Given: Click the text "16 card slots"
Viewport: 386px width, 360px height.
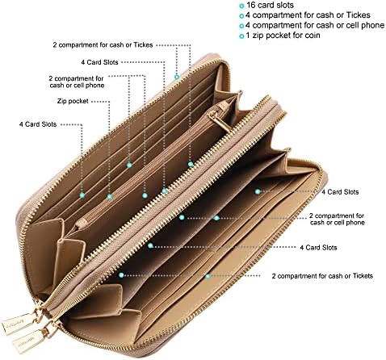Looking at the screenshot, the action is (x=270, y=5).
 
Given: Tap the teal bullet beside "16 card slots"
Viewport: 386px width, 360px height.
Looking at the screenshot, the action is (x=241, y=6).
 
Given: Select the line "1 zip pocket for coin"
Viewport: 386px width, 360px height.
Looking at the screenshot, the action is (x=283, y=36).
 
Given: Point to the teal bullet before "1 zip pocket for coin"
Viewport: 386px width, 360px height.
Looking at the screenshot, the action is (x=241, y=36).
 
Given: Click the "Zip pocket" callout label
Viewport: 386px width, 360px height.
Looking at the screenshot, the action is (x=73, y=102).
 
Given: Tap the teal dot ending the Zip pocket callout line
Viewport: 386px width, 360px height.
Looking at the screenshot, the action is (x=110, y=197).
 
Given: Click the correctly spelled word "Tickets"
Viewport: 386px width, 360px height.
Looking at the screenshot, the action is (x=363, y=276).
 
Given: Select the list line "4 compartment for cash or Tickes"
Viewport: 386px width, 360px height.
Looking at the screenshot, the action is (x=308, y=15).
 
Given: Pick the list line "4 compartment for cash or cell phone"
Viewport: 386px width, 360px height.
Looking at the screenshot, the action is (x=315, y=25).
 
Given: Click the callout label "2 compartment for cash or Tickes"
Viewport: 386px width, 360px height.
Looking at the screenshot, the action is (x=103, y=45).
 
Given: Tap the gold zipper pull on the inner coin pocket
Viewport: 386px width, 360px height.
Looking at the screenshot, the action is (x=220, y=122).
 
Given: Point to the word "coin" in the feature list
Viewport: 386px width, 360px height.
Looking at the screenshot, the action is (x=313, y=36).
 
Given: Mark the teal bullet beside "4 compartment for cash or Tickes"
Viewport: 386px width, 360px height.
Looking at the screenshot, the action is (x=241, y=16).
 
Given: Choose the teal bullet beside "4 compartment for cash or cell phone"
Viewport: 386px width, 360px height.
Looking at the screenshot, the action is (x=241, y=26).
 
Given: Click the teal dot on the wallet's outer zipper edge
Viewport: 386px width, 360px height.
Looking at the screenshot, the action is (x=177, y=77).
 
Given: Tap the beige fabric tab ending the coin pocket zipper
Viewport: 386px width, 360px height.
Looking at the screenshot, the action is (x=82, y=223).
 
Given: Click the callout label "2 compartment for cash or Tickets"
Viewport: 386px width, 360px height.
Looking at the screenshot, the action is (x=322, y=276).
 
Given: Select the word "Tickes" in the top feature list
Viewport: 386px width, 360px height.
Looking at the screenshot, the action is (x=358, y=15).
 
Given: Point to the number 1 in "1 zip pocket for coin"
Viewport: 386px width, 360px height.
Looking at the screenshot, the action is (x=248, y=36).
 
